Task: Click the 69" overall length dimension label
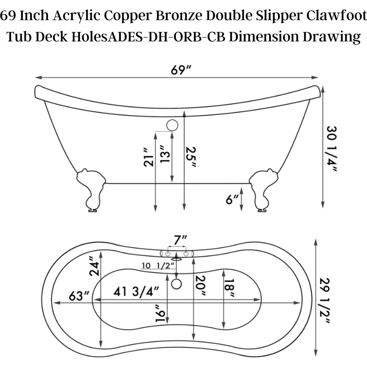click(181, 70)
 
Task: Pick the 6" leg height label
click(232, 200)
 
